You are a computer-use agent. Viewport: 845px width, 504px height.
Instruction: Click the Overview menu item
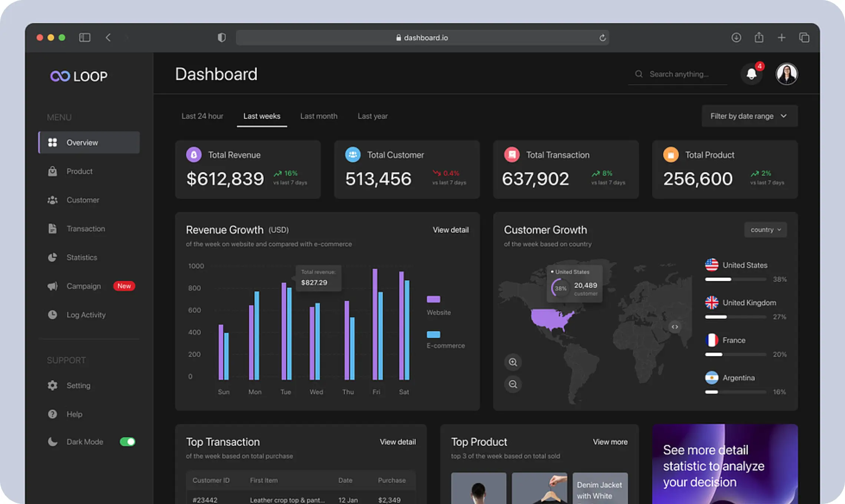89,142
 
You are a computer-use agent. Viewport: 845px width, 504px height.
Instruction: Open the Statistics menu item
82,257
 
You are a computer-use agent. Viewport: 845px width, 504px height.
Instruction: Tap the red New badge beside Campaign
124,286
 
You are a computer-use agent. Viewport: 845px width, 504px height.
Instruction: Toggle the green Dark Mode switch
127,442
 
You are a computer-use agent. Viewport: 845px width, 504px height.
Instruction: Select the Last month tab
319,116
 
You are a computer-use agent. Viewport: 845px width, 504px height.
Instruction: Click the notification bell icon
751,74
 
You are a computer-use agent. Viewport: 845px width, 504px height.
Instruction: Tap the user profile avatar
786,74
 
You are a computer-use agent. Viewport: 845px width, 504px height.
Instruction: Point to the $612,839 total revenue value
225,179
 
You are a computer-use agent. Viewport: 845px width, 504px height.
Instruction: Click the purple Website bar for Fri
375,324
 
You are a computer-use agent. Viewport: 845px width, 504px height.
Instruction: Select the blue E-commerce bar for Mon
257,335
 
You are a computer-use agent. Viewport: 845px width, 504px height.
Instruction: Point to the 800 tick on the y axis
195,288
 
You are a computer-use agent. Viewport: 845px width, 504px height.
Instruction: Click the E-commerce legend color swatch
433,334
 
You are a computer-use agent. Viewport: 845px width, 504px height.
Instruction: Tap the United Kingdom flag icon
712,302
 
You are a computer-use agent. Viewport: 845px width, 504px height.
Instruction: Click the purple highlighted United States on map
550,318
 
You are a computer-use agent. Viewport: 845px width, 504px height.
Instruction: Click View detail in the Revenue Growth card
451,230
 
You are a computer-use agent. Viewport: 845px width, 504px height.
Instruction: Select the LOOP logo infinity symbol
60,76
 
